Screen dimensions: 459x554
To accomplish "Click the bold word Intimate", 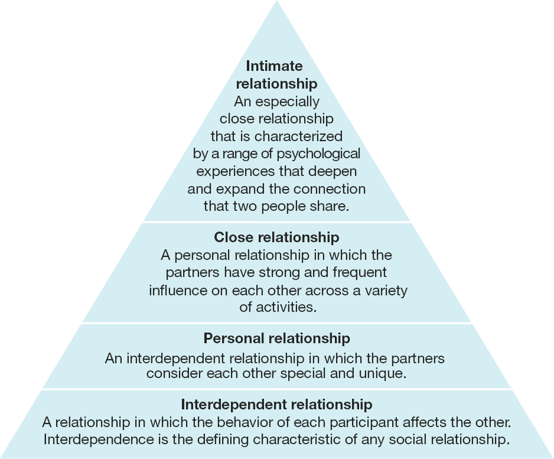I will click(x=274, y=66).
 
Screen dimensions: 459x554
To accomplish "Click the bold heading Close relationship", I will click(x=276, y=237).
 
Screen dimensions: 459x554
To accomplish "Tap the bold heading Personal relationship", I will click(x=276, y=338).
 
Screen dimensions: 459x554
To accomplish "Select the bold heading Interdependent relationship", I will click(x=276, y=405).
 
